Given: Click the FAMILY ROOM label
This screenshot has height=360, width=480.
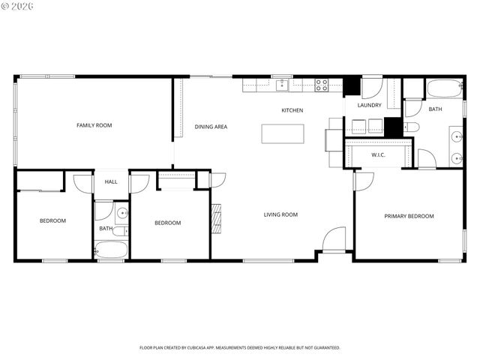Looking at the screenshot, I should coord(94,125).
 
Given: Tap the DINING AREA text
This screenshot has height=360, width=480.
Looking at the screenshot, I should coord(211,127).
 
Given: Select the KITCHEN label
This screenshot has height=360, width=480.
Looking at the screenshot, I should coord(292,111).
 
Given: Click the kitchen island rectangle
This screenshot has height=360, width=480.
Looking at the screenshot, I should coord(283,133).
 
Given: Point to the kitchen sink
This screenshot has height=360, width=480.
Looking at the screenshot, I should coord(282,85).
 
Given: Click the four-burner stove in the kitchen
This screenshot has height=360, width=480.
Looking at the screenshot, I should coord(322,85).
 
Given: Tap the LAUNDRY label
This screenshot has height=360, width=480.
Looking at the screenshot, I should coord(369,106).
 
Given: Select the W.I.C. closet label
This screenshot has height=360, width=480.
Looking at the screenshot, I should coord(378,155).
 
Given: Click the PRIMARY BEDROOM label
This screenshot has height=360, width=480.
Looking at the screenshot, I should coord(409,216).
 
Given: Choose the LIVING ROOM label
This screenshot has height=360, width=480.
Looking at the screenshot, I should coord(280,215).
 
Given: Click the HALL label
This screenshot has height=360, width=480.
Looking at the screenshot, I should coord(111,182).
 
